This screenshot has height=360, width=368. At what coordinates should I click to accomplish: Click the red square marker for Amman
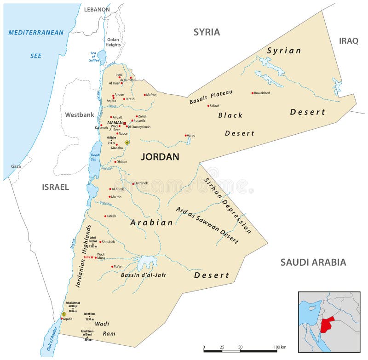[125, 123]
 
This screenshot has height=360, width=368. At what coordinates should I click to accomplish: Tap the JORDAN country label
[160, 157]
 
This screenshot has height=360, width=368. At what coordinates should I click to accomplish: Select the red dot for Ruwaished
[253, 93]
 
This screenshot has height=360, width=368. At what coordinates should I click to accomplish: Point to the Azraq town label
[191, 136]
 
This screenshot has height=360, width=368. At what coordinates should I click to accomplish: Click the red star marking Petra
[92, 257]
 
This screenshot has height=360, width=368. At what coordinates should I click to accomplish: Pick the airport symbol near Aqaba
[64, 314]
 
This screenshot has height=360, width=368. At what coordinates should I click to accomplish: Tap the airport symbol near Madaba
[127, 143]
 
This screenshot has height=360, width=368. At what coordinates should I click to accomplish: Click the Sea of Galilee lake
[102, 57]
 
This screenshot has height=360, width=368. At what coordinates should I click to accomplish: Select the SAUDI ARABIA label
[313, 263]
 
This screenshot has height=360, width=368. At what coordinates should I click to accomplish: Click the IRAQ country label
[349, 41]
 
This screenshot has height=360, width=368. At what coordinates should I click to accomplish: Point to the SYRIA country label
[207, 32]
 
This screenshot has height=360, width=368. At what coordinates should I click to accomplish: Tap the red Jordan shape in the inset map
[327, 324]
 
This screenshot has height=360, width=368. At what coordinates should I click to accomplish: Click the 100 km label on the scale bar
[280, 347]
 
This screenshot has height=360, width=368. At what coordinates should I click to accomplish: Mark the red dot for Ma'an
[112, 267]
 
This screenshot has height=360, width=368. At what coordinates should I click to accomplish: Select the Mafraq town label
[152, 95]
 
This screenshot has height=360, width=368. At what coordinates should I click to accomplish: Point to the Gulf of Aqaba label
[52, 339]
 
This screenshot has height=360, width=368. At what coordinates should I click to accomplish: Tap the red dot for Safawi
[208, 106]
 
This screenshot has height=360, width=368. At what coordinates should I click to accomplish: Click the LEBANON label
[97, 9]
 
